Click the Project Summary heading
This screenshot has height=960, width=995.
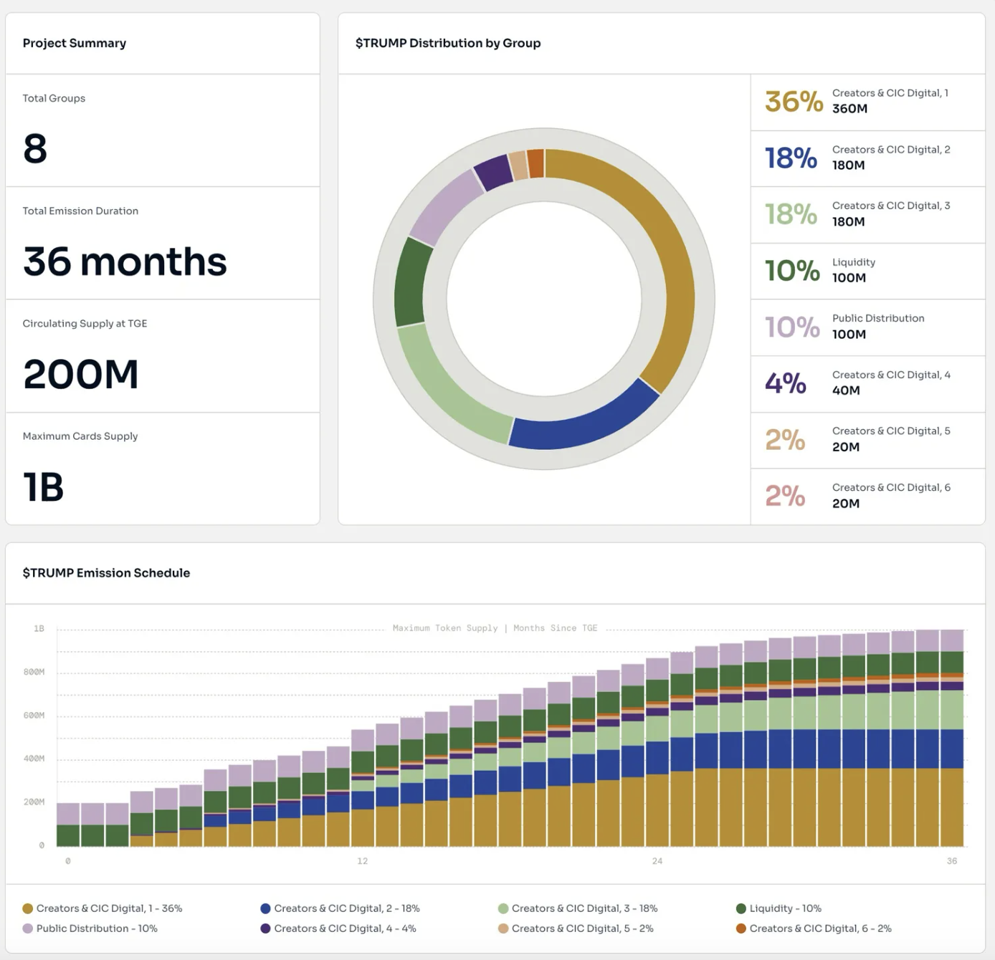coord(74,43)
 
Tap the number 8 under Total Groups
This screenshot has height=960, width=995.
coord(35,148)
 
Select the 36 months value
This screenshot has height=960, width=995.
coord(125,261)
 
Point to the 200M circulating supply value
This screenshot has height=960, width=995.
coord(80,374)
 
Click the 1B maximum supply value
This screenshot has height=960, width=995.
coord(43,487)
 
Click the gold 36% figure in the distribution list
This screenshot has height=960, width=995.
coord(794,102)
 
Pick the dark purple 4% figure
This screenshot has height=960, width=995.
coord(786,383)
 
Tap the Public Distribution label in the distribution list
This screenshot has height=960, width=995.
coord(878,318)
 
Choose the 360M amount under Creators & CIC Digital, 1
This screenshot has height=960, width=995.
coord(849,109)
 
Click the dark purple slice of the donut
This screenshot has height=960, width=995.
coord(492,172)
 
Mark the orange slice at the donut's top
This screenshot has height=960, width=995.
coord(535,163)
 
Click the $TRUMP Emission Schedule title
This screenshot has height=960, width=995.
coord(106,572)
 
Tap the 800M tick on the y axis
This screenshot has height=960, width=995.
coord(34,672)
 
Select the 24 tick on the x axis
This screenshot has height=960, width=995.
coord(657,861)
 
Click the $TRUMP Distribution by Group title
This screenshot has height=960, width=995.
coord(448,43)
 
